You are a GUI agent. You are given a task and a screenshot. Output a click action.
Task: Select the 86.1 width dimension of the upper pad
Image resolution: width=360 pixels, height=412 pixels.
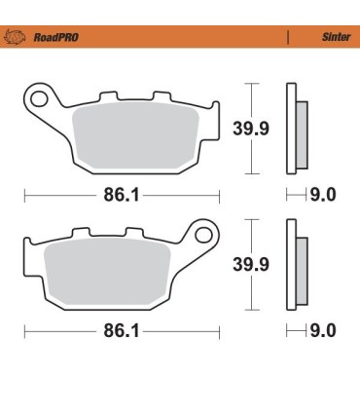(x=122, y=195)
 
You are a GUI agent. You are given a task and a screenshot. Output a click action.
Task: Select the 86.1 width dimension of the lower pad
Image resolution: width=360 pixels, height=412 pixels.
(x=122, y=331)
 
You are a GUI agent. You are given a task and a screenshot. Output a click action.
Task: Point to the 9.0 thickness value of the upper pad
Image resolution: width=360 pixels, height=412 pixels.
(x=322, y=195)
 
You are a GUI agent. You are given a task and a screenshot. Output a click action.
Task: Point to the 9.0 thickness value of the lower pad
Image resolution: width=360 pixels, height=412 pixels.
(x=322, y=331)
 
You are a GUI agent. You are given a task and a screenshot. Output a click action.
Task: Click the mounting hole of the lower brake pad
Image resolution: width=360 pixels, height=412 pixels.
(x=204, y=234)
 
